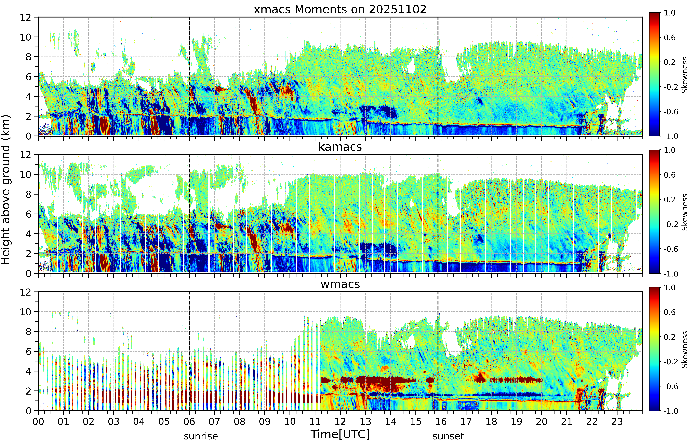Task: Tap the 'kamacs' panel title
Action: tap(340, 147)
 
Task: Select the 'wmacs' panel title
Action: tap(340, 284)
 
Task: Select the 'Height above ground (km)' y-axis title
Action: tap(6, 190)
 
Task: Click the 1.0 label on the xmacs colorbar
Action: tap(670, 13)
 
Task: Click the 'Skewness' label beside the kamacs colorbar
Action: tap(685, 212)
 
